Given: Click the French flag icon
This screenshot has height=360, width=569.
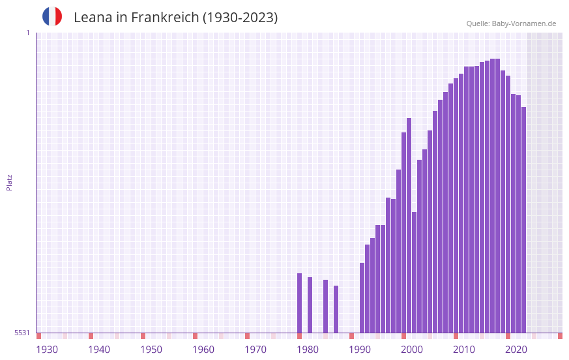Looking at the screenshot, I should tap(52, 16).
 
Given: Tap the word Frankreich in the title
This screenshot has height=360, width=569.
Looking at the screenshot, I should tap(164, 18).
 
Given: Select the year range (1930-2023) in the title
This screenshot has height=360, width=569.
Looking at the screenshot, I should tap(240, 18).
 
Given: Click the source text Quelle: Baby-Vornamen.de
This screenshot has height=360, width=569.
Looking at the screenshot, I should tap(511, 23).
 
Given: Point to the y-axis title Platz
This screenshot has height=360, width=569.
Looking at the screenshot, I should tap(9, 182).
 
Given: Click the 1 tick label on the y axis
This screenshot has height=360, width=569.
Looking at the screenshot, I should tap(27, 33).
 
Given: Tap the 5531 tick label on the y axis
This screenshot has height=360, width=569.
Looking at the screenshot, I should tap(22, 333).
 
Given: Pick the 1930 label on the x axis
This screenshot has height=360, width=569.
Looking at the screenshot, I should tap(47, 350).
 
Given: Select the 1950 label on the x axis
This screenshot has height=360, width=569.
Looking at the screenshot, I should tap(151, 350).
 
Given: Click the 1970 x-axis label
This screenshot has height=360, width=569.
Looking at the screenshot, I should tap(255, 350).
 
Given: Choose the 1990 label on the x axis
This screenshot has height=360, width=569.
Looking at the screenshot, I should tap(360, 350).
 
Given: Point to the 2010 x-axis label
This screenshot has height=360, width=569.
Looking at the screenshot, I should tap(464, 350).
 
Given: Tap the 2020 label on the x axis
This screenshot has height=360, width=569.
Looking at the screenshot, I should tap(516, 350).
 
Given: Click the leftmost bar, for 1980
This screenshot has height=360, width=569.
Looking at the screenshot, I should tap(300, 303).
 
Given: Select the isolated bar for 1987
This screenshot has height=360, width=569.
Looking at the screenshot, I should tap(336, 309).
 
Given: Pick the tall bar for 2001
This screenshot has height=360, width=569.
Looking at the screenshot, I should tap(409, 225).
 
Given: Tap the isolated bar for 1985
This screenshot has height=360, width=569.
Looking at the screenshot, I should tap(326, 307).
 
